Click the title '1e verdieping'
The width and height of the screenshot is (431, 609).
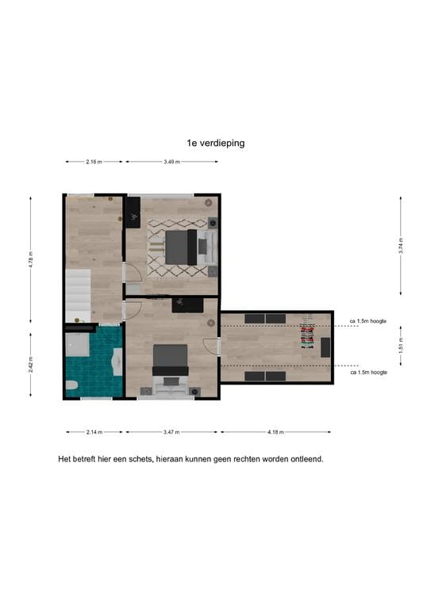[215, 144]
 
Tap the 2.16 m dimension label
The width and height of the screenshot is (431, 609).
[94, 162]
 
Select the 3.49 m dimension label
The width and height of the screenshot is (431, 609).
[171, 162]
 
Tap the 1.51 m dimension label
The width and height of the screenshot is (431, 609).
[401, 345]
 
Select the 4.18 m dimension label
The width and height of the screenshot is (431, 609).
[275, 432]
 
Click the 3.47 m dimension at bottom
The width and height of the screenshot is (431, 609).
[171, 432]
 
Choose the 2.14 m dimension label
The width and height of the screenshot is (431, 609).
[94, 432]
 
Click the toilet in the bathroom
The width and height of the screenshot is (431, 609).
[71, 386]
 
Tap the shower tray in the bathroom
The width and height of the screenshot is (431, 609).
[78, 343]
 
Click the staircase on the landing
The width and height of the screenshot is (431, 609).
[79, 293]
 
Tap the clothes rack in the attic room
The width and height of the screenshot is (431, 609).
[307, 335]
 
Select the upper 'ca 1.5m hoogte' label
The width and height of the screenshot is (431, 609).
[368, 321]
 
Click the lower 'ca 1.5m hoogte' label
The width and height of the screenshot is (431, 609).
[368, 372]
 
